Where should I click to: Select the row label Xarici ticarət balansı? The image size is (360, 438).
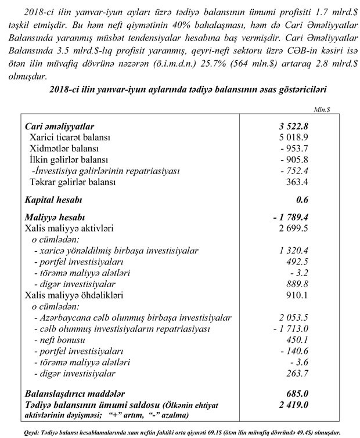(x=69, y=137)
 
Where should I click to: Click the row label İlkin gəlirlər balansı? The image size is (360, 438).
(x=67, y=160)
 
